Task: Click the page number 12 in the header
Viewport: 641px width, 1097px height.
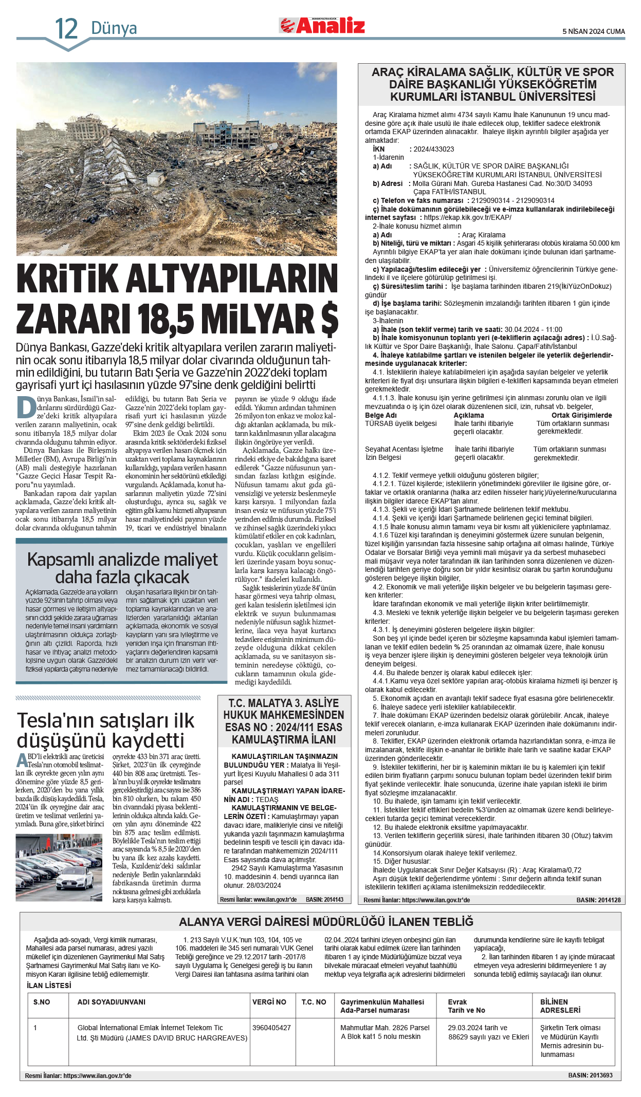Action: (66, 29)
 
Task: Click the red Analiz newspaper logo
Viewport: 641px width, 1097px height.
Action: (322, 25)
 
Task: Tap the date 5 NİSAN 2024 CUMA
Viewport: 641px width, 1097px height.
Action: (593, 31)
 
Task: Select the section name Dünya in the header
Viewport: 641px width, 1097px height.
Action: (114, 28)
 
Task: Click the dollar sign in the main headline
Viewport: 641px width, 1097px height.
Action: (329, 319)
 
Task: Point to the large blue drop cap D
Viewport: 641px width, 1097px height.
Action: (26, 407)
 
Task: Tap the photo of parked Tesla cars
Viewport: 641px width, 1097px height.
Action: (59, 867)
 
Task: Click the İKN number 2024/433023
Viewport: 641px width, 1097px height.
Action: (434, 149)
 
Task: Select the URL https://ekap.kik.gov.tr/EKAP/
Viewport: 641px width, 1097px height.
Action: (467, 217)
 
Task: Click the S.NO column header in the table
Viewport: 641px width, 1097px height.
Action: (42, 1002)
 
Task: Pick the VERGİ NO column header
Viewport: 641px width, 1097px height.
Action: (269, 1002)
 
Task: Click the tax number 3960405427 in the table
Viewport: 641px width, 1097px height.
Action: (271, 1028)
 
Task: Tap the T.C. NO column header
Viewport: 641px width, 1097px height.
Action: (314, 1002)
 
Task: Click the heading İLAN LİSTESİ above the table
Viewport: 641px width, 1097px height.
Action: (49, 985)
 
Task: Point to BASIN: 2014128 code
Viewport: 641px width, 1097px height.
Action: (598, 900)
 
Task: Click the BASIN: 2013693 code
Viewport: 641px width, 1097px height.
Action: (590, 1075)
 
